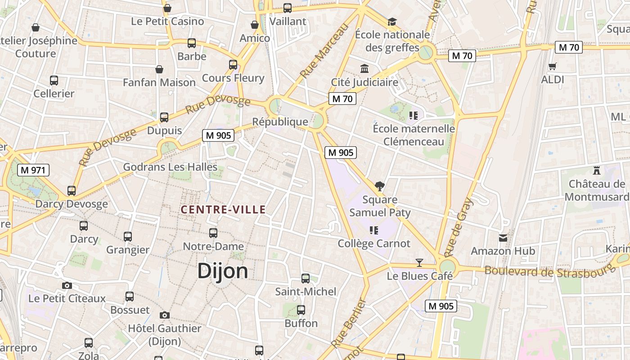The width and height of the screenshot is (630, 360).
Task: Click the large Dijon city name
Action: (223, 271)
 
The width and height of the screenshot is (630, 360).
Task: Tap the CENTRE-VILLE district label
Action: (223, 209)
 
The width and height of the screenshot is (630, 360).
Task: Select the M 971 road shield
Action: (33, 170)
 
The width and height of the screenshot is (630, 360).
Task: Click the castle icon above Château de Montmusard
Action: (597, 171)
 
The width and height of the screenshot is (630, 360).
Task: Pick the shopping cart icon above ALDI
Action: (553, 67)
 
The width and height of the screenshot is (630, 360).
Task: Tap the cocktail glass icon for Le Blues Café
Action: (419, 262)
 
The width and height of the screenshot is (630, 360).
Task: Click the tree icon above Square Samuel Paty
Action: (380, 186)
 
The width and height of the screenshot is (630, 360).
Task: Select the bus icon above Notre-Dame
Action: (213, 233)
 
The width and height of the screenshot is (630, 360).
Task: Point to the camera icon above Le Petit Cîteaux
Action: (67, 285)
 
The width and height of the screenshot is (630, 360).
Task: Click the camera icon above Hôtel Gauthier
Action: (165, 315)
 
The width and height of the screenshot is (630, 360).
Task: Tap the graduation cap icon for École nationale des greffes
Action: (392, 22)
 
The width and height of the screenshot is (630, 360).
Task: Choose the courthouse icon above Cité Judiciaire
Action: (364, 69)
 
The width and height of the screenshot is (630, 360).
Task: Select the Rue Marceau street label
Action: (324, 51)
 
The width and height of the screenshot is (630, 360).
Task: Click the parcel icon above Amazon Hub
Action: (503, 238)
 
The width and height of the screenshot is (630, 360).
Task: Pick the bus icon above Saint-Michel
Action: (306, 279)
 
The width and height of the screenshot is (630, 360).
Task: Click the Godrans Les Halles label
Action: (170, 167)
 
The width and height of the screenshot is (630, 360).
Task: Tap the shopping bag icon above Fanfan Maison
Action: (159, 69)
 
